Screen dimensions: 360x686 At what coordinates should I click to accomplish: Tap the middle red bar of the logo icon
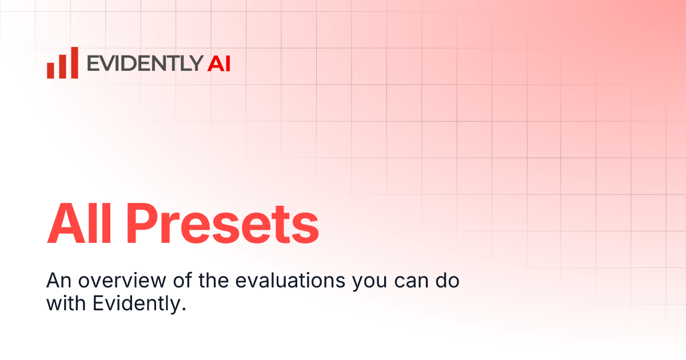pos(62,65)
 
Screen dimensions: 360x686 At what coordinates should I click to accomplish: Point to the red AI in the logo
pos(219,63)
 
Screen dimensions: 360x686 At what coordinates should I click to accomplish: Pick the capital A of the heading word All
pos(64,224)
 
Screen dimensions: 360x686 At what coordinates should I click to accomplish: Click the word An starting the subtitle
pos(57,281)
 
